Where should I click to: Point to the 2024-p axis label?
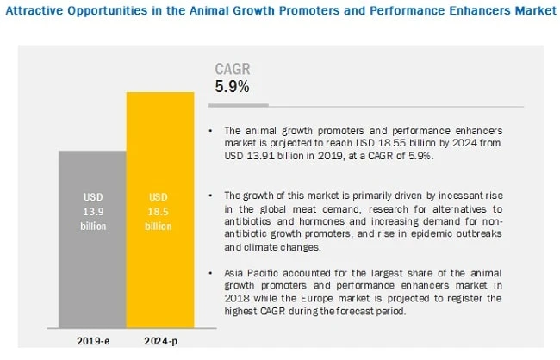[x=160, y=341]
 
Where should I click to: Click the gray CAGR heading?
[x=232, y=69]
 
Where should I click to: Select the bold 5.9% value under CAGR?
[x=232, y=86]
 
